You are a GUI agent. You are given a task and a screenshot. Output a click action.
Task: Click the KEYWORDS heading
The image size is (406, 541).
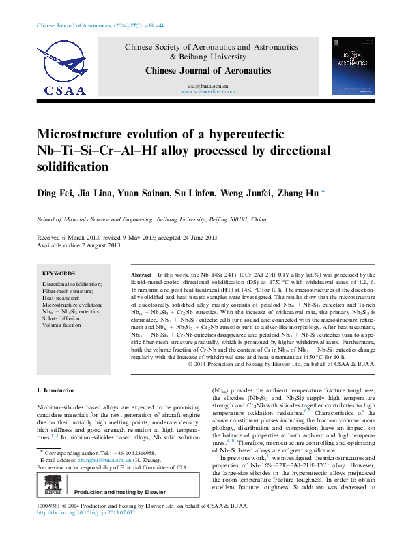point(59,273)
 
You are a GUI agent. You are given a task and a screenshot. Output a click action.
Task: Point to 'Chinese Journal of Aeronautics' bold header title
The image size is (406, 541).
point(208,70)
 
